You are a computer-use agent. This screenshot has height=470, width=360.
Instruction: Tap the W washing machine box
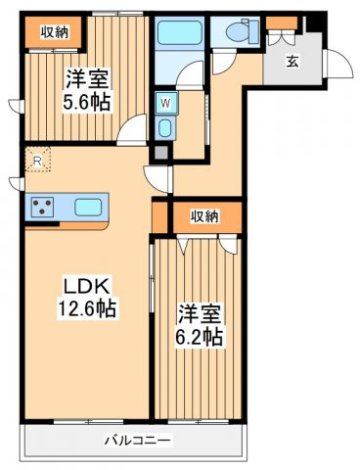pos(163,102)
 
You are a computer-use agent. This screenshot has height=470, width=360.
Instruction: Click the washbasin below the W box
pos(163,128)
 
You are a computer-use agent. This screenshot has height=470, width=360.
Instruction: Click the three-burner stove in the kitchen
pos(44,207)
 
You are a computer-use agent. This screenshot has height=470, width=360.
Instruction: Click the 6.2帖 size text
pos(201,339)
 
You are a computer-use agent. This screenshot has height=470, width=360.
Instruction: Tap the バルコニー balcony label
pos(137,440)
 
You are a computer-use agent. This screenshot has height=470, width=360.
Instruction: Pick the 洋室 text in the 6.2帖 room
pos(201,314)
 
